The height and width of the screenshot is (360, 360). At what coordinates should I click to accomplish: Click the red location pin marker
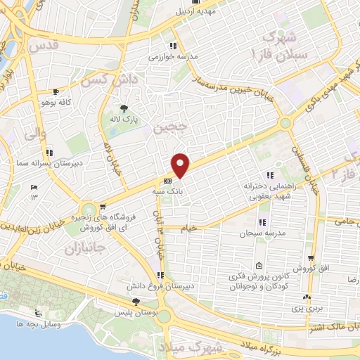(181, 165)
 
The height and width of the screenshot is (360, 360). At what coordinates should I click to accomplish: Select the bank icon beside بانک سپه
(167, 180)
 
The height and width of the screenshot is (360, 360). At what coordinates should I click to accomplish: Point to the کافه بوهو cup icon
(56, 92)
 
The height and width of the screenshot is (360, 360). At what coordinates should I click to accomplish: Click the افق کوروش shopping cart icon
(310, 258)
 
